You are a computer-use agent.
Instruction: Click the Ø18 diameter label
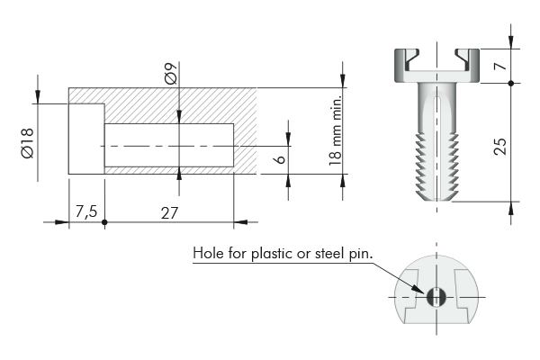(x=27, y=143)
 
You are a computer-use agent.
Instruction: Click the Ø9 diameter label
(x=171, y=74)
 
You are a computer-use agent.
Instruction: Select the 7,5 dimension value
(x=86, y=211)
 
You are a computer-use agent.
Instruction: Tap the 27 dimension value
(x=169, y=213)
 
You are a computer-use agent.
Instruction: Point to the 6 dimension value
(x=281, y=158)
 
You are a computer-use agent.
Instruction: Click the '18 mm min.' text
(x=335, y=130)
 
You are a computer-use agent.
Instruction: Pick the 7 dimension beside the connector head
(x=500, y=66)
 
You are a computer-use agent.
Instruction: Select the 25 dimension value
(x=500, y=147)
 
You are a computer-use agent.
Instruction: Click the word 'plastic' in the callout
(x=272, y=254)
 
